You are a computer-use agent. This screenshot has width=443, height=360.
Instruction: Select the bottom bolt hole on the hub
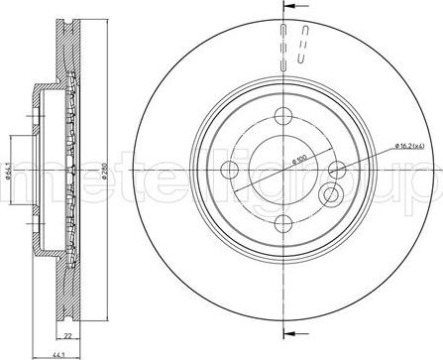[x=282, y=223]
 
